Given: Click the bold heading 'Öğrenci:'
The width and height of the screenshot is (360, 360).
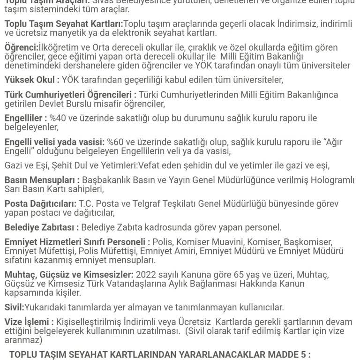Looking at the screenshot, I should coord(20,47).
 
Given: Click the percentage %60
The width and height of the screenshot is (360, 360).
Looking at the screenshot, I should coord(116,142).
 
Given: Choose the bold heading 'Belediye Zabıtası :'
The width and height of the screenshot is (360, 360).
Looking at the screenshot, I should coord(42,227).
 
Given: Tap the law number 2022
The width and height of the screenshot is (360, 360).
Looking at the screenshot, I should coord(146,274).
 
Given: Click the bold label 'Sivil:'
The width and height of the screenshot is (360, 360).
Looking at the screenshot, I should coord(14,307).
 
